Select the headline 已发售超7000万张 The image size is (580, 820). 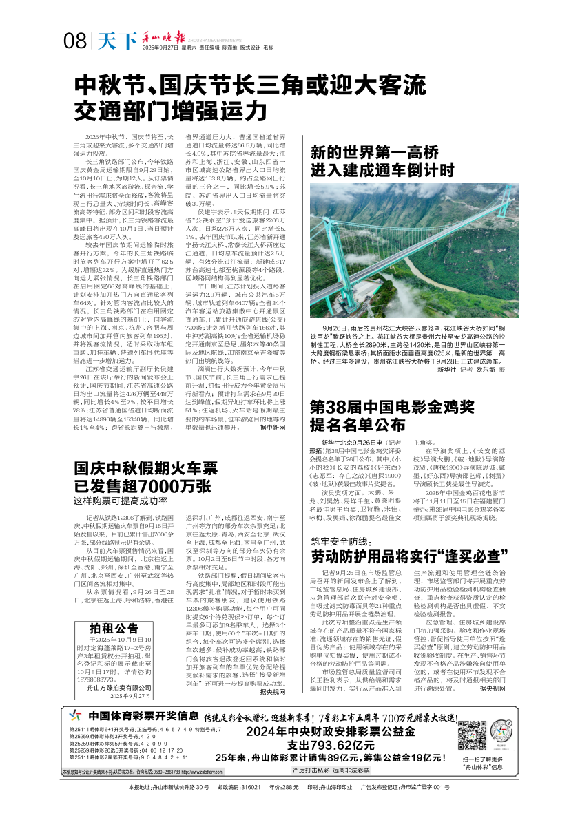click(141, 485)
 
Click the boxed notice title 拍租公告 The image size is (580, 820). click(114, 628)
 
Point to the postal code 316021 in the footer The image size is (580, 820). click(249, 787)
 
